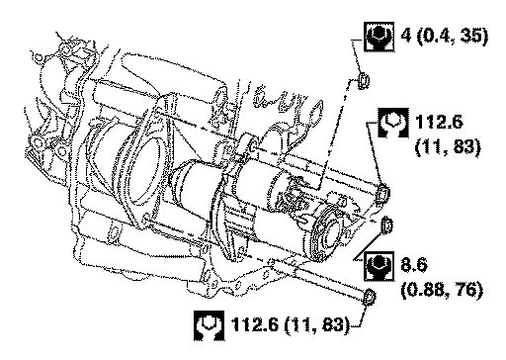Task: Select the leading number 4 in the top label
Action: click(x=406, y=35)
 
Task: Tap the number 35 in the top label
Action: click(x=471, y=35)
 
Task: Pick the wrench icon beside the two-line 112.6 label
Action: click(x=393, y=123)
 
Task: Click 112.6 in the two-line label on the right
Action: click(x=439, y=122)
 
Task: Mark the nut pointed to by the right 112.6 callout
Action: click(x=382, y=193)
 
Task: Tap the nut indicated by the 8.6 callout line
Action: click(x=386, y=225)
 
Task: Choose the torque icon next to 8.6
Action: click(x=379, y=266)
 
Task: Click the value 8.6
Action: click(x=414, y=264)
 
